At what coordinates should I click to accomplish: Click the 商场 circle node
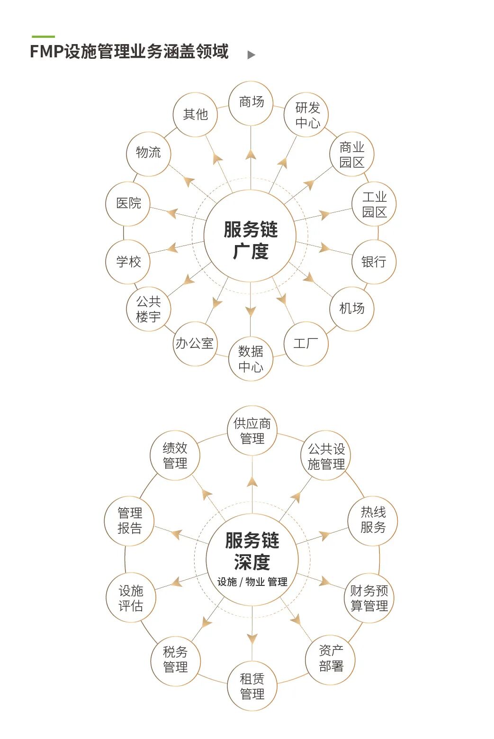tap(251, 103)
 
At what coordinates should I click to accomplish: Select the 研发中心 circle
tap(306, 115)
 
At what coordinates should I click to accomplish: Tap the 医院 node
tap(128, 203)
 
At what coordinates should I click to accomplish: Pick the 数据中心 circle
tap(251, 358)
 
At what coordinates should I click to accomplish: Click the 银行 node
tap(374, 262)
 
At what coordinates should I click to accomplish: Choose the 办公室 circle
tap(195, 344)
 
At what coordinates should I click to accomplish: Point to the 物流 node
tap(148, 153)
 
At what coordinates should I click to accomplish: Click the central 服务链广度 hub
tap(250, 236)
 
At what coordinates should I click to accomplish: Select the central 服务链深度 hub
tap(252, 559)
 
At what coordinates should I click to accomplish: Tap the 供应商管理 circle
tap(252, 430)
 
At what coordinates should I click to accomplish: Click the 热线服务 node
tap(373, 520)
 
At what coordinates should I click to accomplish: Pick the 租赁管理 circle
tap(252, 686)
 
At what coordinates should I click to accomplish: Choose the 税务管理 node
tap(175, 659)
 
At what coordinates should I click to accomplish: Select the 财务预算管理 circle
tap(369, 598)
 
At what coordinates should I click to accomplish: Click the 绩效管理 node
tap(175, 456)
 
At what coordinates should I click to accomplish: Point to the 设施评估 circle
tap(131, 598)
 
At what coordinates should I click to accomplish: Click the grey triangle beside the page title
tap(251, 55)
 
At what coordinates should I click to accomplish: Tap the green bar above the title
tap(43, 36)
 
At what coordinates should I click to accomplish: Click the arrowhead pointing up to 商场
tap(251, 155)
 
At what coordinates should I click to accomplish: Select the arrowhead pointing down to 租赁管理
tap(252, 638)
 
